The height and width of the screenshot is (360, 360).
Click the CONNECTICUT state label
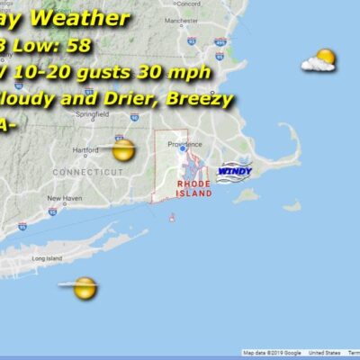(x=88, y=171)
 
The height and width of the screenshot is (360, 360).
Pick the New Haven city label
(x=66, y=198)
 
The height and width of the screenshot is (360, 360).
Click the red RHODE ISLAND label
(x=193, y=186)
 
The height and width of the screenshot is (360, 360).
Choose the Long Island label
(x=46, y=258)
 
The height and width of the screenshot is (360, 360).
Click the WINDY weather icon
(x=235, y=169)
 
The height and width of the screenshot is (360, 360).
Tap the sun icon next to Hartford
(x=122, y=149)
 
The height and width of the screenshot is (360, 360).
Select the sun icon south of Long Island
(x=85, y=288)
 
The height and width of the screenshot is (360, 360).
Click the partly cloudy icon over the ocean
(x=319, y=61)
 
